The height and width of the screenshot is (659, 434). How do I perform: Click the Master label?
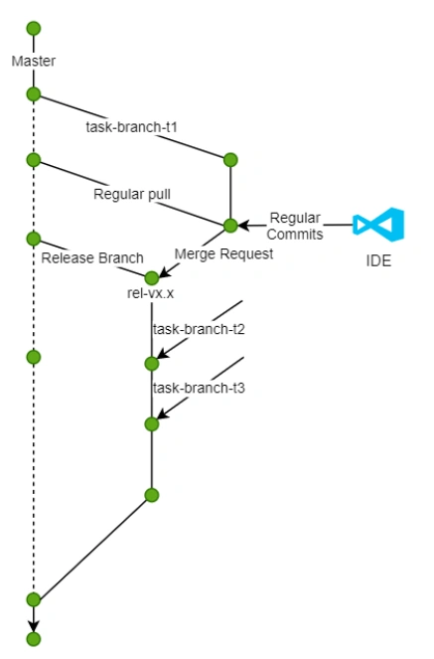34,62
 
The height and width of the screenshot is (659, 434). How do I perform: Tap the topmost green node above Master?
34,27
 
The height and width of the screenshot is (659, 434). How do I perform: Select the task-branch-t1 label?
124,127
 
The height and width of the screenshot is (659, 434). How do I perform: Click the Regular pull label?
131,193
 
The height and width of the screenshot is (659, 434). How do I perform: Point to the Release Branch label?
92,258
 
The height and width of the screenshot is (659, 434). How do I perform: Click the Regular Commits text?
295,226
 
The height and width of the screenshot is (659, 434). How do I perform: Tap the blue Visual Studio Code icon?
378,226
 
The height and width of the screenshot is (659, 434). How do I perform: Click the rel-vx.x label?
151,296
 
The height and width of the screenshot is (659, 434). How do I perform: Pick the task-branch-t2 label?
199,329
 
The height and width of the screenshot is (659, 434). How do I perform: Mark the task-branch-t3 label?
199,388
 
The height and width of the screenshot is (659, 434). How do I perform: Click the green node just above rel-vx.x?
152,277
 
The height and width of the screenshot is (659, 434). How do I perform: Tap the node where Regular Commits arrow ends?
230,226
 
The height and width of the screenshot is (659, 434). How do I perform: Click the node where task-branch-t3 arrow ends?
152,424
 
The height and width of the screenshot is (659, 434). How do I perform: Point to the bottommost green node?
34,639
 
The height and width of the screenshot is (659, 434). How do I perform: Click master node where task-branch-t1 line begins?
34,94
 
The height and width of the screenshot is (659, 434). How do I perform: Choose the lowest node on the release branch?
152,494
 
